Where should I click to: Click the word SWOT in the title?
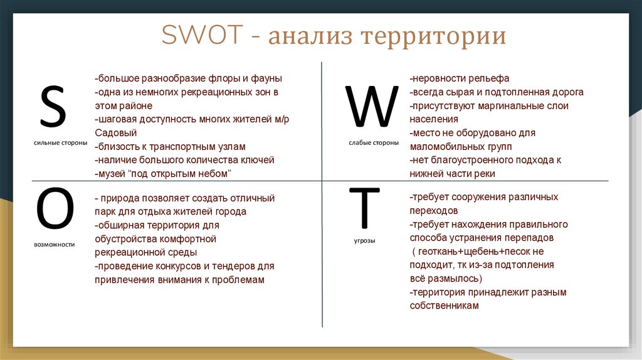point(203,34)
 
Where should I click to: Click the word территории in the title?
point(434,36)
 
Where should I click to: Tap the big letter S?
point(53,106)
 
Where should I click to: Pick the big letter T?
point(364,208)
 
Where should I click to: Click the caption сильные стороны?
point(61,143)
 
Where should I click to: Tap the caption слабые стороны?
point(374,143)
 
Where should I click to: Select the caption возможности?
point(55,245)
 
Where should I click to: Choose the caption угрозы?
point(364,241)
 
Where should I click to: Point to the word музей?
point(112,174)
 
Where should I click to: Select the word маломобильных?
point(447,147)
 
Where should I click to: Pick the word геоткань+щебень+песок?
point(475,251)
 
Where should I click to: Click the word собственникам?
point(445,305)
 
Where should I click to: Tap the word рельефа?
point(489,78)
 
